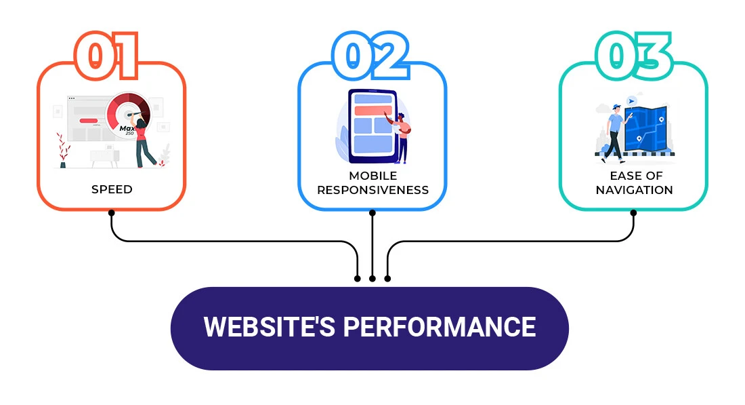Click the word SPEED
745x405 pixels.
tap(112, 189)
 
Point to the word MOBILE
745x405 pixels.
tap(372, 176)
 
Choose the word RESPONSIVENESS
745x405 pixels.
tap(372, 190)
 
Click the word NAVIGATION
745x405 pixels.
tap(634, 190)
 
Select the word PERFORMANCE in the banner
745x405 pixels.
tap(439, 327)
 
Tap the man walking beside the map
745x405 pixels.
tap(614, 132)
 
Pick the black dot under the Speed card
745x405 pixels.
tap(111, 213)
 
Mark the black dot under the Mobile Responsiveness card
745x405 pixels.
tap(372, 213)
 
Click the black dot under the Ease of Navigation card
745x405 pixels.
tap(633, 213)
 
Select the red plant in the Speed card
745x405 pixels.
tap(63, 150)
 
